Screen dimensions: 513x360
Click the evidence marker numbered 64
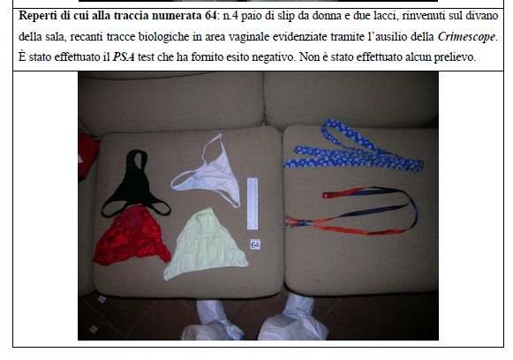click(x=255, y=244)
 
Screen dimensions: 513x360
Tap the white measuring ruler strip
click(x=253, y=203)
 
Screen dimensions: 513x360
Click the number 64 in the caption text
click(x=210, y=15)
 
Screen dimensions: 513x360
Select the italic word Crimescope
click(x=466, y=37)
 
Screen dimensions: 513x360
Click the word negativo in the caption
click(x=269, y=57)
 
